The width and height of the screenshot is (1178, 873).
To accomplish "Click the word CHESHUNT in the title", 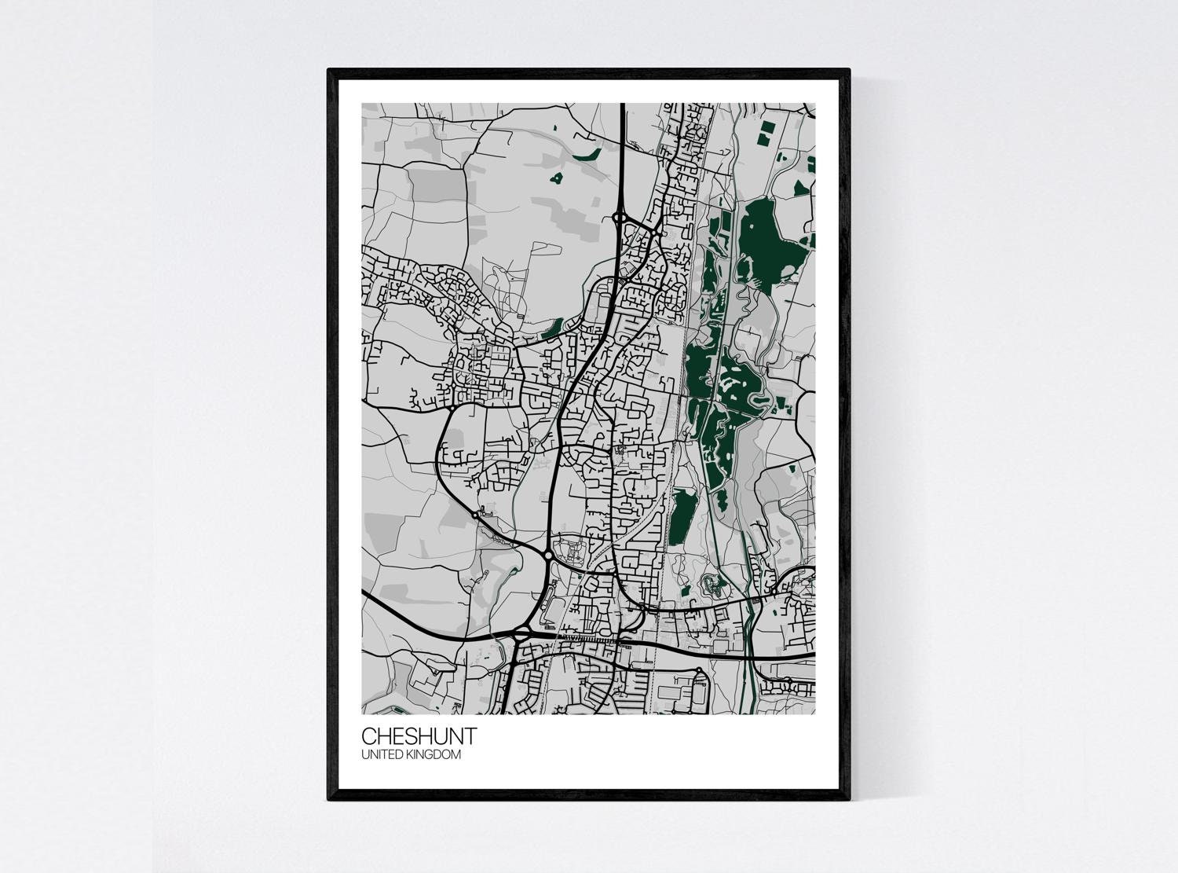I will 419,736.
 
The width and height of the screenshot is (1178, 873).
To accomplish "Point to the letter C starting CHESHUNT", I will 369,736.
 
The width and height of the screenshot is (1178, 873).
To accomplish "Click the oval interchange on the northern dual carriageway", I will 620,217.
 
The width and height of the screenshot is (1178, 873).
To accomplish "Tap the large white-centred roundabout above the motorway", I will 547,555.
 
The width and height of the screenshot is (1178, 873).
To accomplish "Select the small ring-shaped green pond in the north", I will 557,179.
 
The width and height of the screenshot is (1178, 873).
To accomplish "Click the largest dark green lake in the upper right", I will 759,236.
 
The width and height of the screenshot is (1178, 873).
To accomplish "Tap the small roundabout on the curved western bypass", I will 476,515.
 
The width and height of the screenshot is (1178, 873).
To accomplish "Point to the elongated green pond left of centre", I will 552,325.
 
